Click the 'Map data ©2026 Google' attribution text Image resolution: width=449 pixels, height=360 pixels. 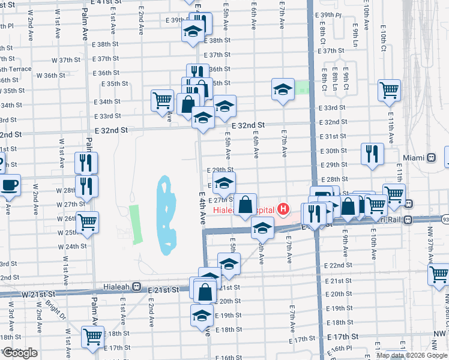(x=412, y=355)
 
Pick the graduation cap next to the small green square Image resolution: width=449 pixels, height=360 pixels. (x=283, y=89)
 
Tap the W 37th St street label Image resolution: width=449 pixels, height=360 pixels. (x=66, y=60)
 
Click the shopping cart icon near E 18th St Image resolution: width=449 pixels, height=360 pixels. (x=92, y=337)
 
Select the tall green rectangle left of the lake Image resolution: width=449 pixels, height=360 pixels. (x=136, y=223)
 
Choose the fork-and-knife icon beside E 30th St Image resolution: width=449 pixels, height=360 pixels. (x=372, y=153)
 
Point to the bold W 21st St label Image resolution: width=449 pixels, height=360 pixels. (x=37, y=295)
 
